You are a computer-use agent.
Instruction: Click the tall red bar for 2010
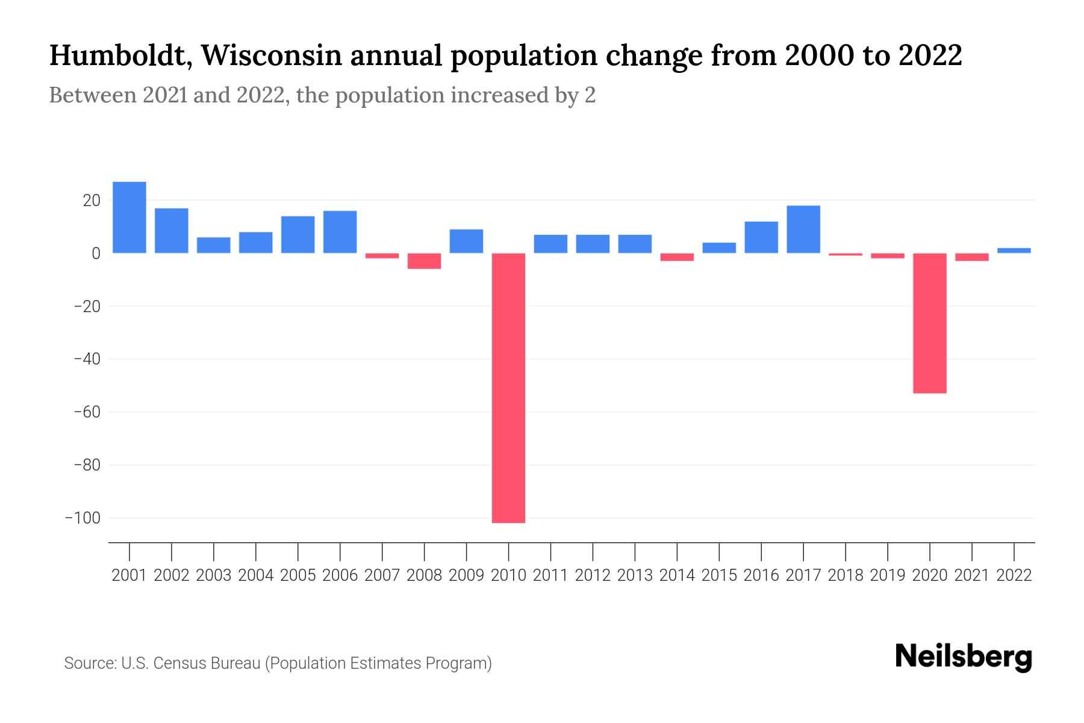pyautogui.click(x=508, y=387)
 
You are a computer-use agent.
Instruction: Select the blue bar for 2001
pyautogui.click(x=129, y=218)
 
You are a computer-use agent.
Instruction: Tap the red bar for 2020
pyautogui.click(x=929, y=323)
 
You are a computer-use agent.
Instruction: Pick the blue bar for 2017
pyautogui.click(x=803, y=230)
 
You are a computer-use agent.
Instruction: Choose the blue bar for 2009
pyautogui.click(x=466, y=241)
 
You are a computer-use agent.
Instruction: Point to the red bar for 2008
pyautogui.click(x=424, y=261)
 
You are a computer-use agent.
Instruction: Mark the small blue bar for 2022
pyautogui.click(x=1014, y=250)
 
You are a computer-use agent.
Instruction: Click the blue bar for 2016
pyautogui.click(x=761, y=237)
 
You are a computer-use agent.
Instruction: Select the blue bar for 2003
pyautogui.click(x=214, y=245)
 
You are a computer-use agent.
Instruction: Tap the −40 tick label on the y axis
pyautogui.click(x=87, y=359)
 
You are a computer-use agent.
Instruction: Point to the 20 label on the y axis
pyautogui.click(x=92, y=201)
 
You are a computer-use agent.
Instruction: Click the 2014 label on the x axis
pyautogui.click(x=676, y=575)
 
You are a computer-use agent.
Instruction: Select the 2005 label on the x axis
pyautogui.click(x=297, y=575)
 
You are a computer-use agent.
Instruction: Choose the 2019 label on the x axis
pyautogui.click(x=887, y=575)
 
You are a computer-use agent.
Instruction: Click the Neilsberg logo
pyautogui.click(x=963, y=657)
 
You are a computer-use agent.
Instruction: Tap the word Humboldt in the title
pyautogui.click(x=118, y=56)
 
